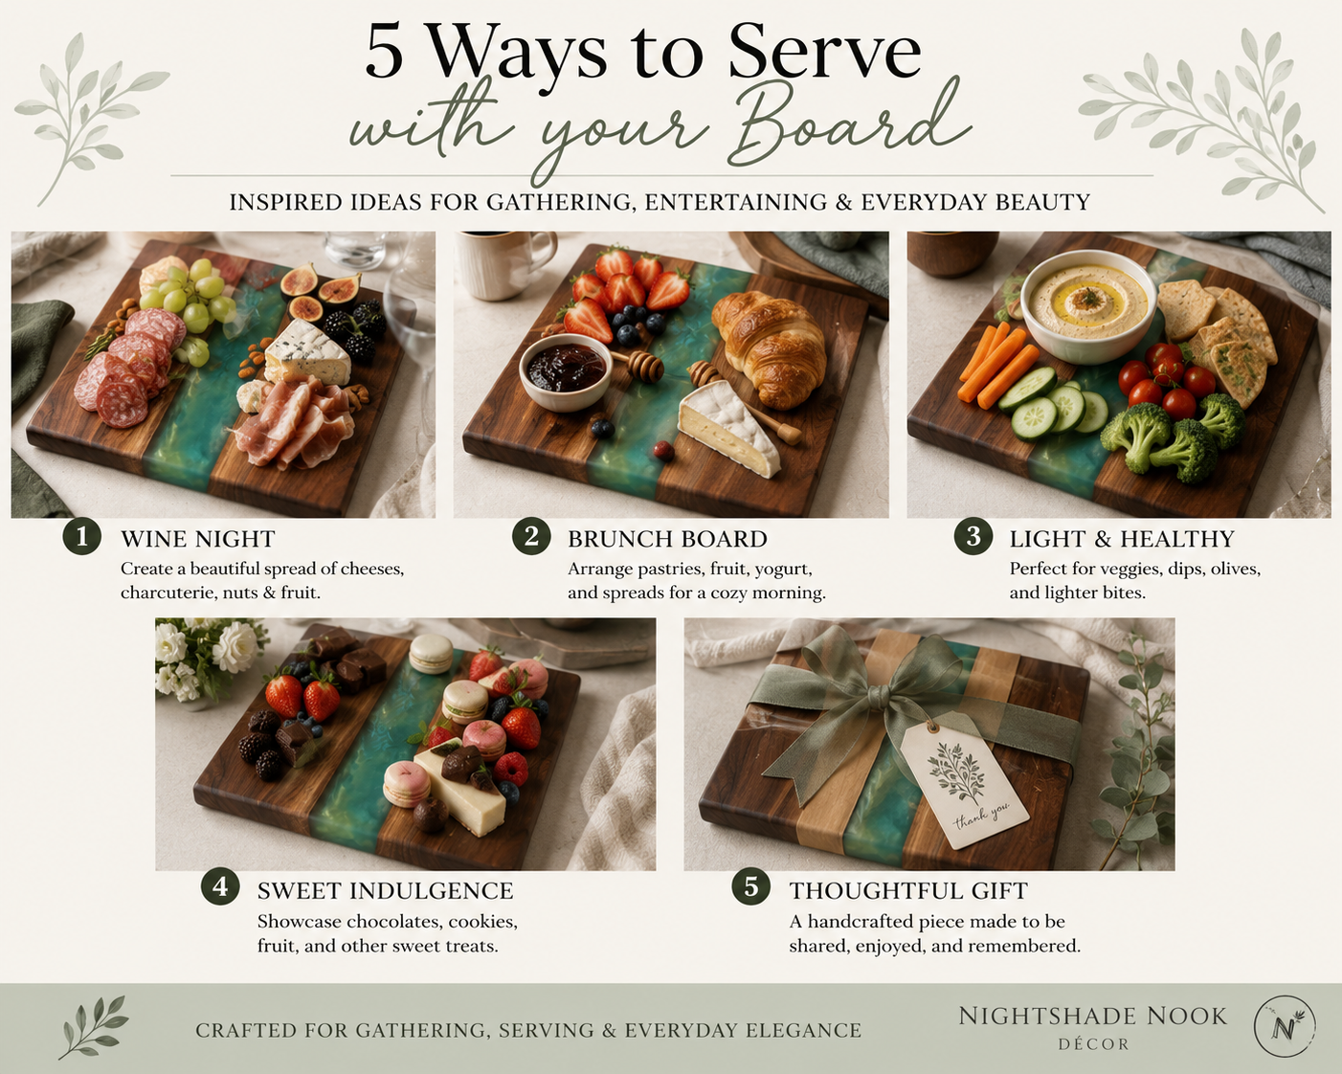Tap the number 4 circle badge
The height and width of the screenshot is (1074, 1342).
pos(220,887)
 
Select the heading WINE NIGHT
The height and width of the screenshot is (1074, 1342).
pos(198,539)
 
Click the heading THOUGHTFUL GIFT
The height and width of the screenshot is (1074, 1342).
pos(908,890)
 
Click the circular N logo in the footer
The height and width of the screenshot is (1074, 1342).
pos(1285,1026)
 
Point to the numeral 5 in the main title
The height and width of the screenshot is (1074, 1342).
pos(384,53)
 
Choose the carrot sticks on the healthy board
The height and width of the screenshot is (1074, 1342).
pos(996,364)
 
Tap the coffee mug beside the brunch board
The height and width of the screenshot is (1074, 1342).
pos(503,264)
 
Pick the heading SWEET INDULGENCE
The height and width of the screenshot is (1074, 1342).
pos(386,890)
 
